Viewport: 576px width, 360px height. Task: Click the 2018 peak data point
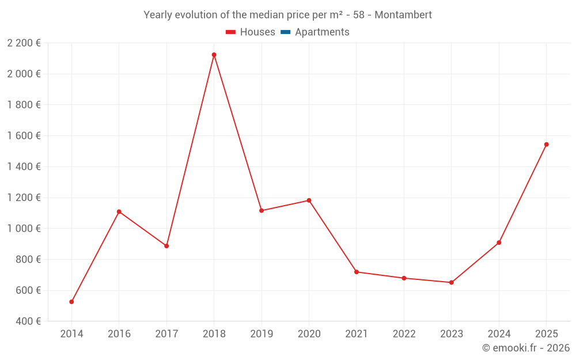pos(214,55)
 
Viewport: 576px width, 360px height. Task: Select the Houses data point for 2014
pos(71,302)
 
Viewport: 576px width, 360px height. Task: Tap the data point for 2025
pos(546,145)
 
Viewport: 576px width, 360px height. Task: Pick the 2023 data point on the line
pos(451,283)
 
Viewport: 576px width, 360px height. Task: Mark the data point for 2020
pos(309,200)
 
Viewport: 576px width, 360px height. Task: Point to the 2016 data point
pos(119,212)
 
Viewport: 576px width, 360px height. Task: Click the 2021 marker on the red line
pos(356,272)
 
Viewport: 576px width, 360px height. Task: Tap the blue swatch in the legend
pos(285,32)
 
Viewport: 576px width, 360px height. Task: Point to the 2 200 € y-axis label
pos(24,43)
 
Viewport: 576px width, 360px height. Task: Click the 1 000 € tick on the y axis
pos(24,229)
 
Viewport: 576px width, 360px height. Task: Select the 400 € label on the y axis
pos(27,321)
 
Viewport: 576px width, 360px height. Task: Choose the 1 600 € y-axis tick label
pos(24,136)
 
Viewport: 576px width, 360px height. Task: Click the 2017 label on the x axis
pos(166,334)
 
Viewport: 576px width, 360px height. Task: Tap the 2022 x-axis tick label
pos(404,334)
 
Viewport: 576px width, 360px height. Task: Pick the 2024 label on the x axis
pos(499,334)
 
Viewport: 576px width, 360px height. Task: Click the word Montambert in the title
pos(403,15)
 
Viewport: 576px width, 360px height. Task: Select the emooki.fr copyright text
pos(525,348)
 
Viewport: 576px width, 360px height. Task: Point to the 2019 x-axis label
pos(262,334)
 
